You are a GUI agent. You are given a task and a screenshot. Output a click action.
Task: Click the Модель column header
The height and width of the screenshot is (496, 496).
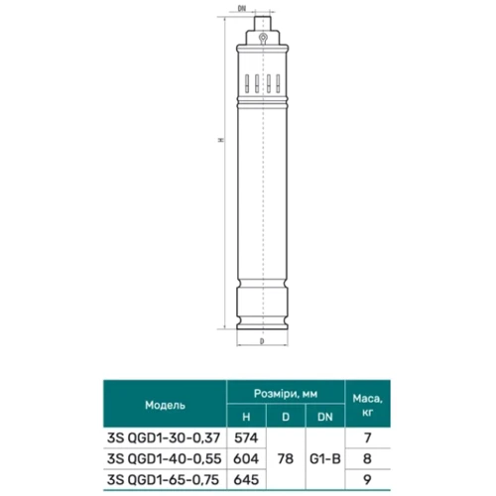(x=165, y=405)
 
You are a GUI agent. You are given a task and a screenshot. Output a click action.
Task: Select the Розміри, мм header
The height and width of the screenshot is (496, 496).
(x=286, y=394)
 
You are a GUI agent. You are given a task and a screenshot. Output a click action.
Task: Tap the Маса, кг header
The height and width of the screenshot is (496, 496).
(x=367, y=405)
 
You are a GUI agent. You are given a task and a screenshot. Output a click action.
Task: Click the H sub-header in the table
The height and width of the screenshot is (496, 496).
(x=246, y=417)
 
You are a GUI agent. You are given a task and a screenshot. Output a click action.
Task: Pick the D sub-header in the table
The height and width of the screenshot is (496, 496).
(x=286, y=417)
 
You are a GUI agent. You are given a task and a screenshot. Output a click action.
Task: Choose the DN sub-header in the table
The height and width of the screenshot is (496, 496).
(x=325, y=417)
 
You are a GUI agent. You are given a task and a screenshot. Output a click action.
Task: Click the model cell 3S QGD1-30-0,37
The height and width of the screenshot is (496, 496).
(x=164, y=437)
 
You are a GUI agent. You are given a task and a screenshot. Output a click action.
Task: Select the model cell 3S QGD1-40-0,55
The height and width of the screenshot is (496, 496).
(x=164, y=458)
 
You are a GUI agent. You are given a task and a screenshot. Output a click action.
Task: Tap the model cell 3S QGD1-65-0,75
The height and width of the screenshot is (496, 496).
(x=163, y=479)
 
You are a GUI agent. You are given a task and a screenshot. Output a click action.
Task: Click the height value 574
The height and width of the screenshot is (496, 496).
(x=246, y=437)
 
